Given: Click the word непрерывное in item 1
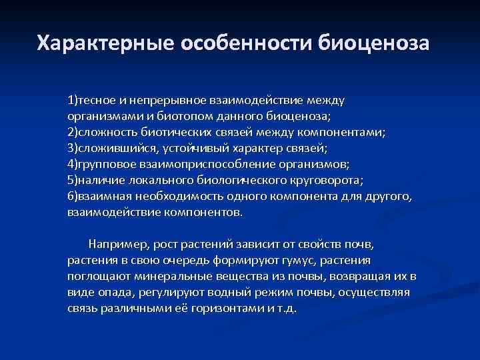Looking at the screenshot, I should point(164,101).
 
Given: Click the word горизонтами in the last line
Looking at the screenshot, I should point(222,309).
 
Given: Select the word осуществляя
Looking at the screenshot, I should point(373,293).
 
